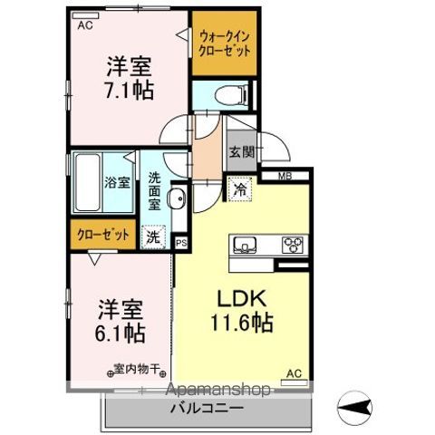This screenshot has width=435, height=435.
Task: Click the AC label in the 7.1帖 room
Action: pyautogui.click(x=85, y=26)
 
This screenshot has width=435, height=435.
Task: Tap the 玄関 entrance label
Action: pyautogui.click(x=240, y=152)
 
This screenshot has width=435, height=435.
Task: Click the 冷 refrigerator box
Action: pyautogui.click(x=239, y=192)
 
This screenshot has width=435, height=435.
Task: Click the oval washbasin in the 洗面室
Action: pyautogui.click(x=178, y=200)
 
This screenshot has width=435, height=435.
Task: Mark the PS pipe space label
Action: pyautogui.click(x=180, y=243)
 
